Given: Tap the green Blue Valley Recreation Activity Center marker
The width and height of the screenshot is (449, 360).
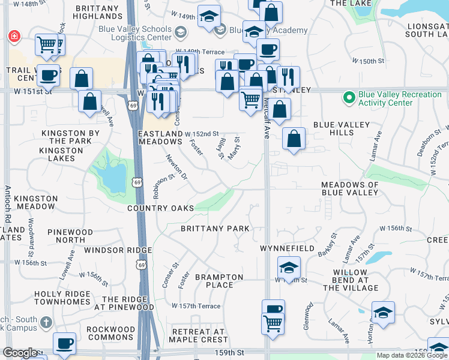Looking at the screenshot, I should (x=348, y=97).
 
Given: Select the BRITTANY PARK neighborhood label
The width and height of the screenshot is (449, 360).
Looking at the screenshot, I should (x=215, y=229).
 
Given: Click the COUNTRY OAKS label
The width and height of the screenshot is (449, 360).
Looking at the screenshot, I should (x=160, y=208).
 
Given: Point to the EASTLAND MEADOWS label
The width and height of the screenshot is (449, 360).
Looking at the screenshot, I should (x=160, y=137).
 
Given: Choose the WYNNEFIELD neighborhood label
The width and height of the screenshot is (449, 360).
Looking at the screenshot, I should (x=287, y=248).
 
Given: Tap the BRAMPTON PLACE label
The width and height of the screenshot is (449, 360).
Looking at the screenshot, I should (x=219, y=281).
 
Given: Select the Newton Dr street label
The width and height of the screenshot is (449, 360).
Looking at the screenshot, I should (x=176, y=167).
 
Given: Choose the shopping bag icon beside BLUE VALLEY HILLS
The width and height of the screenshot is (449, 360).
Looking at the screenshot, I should (x=294, y=139).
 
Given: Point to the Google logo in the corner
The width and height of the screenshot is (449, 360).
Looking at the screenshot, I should (x=20, y=353).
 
